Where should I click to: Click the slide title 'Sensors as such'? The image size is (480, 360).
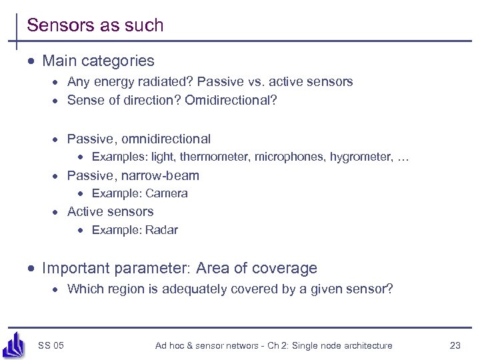tap(95, 25)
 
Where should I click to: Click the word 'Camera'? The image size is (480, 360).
tap(167, 193)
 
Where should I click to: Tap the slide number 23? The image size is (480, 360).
tap(455, 345)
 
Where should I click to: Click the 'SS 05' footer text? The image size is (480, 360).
tap(51, 345)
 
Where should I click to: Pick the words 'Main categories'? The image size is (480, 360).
tap(98, 61)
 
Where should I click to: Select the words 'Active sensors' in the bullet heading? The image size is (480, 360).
tap(110, 211)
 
